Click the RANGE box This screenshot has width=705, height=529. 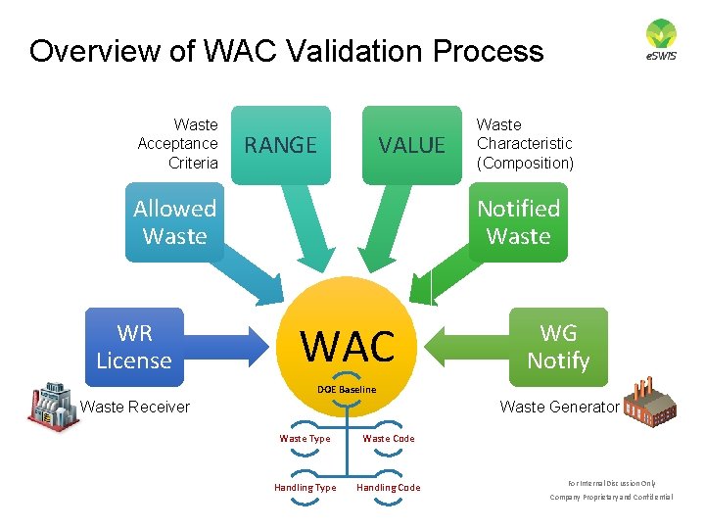[280, 145]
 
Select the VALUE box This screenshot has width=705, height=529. [411, 145]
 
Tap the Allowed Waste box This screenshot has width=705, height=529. [174, 222]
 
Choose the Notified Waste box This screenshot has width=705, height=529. [518, 222]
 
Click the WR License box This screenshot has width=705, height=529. [134, 347]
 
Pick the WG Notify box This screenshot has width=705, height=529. [558, 347]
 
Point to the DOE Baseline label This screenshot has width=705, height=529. [347, 390]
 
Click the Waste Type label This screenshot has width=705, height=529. [305, 439]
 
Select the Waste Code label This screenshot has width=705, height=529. [389, 439]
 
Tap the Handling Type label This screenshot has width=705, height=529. [305, 488]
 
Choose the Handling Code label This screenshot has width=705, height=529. [389, 488]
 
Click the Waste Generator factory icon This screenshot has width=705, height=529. [649, 402]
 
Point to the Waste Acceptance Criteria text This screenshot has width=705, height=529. [178, 144]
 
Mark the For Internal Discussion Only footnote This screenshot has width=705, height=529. [611, 483]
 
